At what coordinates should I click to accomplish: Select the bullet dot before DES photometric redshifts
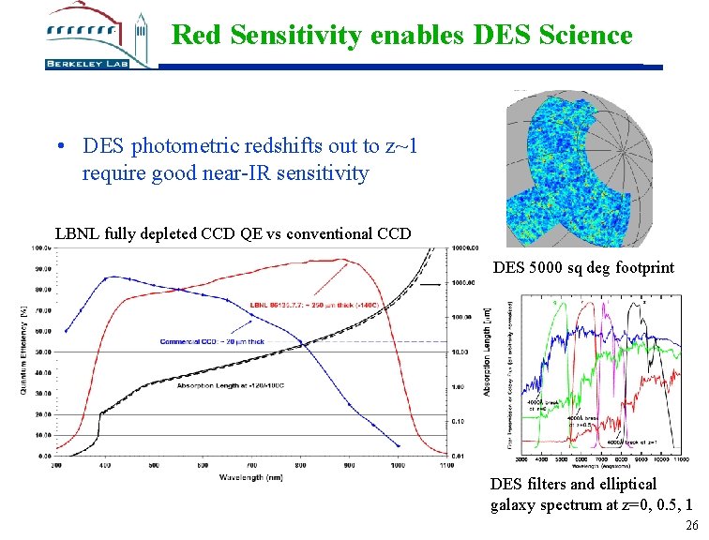click(x=60, y=147)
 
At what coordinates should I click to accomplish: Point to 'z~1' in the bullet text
click(x=400, y=146)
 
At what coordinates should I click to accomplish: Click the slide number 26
click(x=692, y=527)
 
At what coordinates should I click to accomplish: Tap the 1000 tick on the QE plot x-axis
click(x=398, y=464)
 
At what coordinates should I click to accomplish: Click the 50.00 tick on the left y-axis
click(x=42, y=352)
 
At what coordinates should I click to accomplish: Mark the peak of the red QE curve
click(x=344, y=260)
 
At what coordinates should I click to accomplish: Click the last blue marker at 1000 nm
click(x=398, y=446)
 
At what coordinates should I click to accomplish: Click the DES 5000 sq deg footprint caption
click(x=583, y=268)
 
